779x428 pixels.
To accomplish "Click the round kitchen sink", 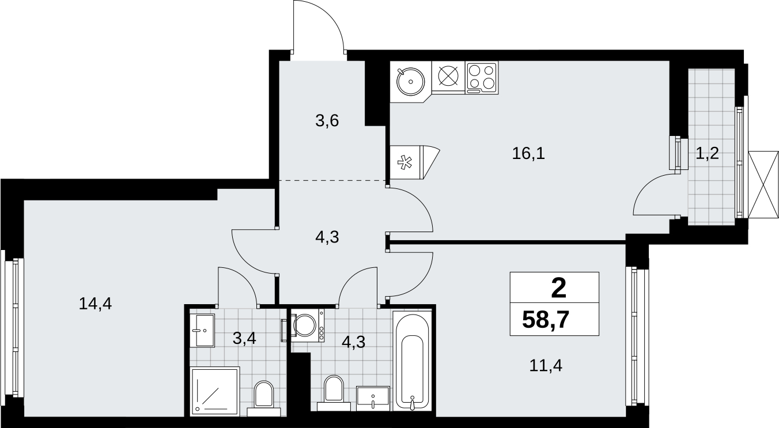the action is [411, 81].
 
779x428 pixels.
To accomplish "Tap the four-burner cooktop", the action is [482, 78].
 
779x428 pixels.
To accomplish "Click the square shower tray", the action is [215, 391].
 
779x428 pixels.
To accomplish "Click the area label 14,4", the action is [95, 304].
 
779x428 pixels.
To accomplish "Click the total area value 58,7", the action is [546, 320].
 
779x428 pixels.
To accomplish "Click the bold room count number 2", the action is [558, 290].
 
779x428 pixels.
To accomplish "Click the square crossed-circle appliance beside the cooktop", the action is [448, 76].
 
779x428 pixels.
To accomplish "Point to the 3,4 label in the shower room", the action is [244, 338].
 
